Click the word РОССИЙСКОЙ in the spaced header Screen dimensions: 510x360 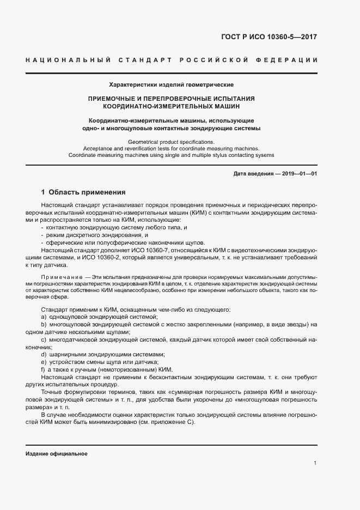click(x=209, y=59)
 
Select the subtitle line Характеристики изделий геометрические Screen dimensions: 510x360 click(x=172, y=85)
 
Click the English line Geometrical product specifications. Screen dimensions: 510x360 click(x=172, y=141)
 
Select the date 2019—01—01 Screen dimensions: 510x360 click(x=298, y=173)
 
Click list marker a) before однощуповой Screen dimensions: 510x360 click(x=44, y=317)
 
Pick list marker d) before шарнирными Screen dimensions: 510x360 click(x=44, y=354)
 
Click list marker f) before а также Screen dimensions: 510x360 click(x=43, y=369)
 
